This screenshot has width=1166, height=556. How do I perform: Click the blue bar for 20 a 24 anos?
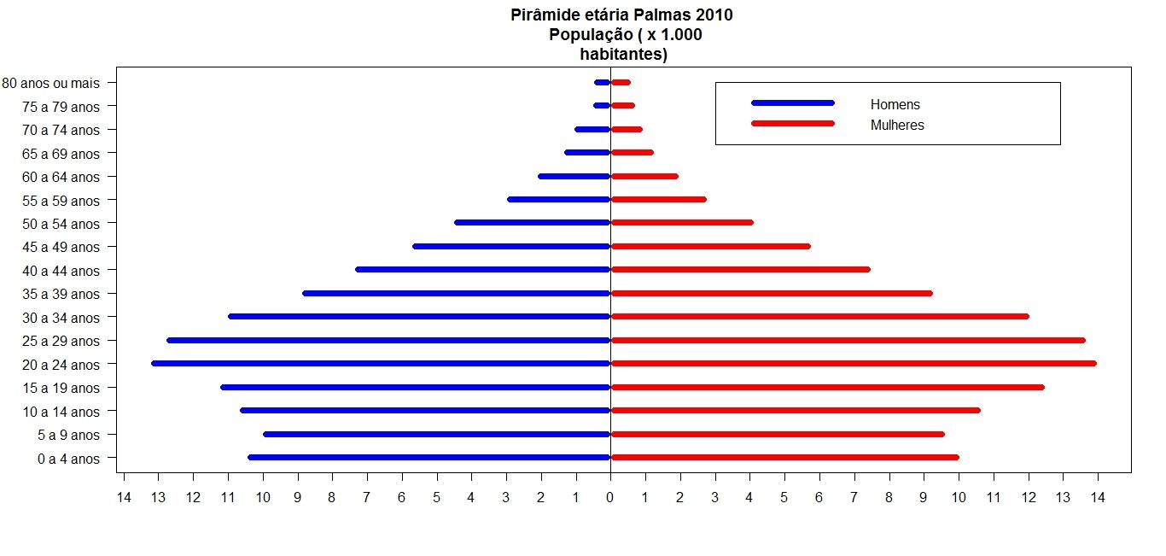[x=381, y=364]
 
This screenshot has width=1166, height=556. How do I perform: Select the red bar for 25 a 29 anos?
[x=848, y=340]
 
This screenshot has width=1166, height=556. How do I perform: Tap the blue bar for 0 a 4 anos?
[x=429, y=457]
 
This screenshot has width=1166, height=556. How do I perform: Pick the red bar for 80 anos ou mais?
[x=621, y=82]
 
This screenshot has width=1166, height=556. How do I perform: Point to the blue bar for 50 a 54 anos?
[x=533, y=222]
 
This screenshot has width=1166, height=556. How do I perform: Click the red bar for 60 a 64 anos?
[x=644, y=177]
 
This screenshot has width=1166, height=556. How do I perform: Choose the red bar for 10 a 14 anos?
[x=796, y=410]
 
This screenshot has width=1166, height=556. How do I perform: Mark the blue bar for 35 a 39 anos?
[x=457, y=293]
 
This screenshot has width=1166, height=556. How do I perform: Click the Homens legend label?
[x=895, y=105]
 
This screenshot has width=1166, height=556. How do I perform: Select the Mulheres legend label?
[x=897, y=126]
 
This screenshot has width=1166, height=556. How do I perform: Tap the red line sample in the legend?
[x=792, y=123]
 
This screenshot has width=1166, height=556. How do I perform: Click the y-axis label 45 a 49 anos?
[x=61, y=248]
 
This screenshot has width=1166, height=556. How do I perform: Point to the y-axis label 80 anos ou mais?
[x=51, y=84]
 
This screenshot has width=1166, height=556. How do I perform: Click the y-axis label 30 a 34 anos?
[x=61, y=318]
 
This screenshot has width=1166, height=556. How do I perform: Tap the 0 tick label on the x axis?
[x=609, y=496]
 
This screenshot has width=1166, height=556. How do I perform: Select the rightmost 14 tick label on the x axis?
[x=1097, y=496]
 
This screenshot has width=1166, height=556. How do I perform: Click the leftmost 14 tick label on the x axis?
[x=124, y=496]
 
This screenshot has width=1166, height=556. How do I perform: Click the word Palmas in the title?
[x=653, y=15]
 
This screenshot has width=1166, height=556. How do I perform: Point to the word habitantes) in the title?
[x=621, y=54]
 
